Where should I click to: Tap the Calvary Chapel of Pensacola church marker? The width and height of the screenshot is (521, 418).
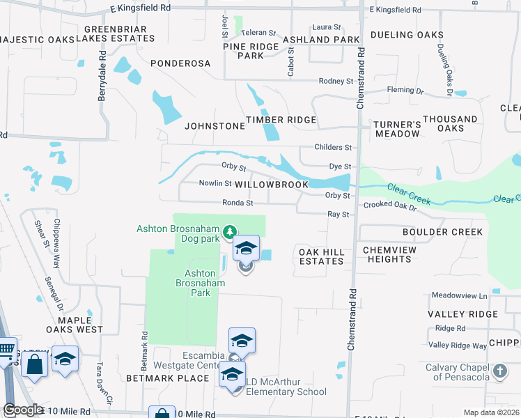tap(500, 371)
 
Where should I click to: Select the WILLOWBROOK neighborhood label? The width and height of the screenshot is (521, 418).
tap(271, 185)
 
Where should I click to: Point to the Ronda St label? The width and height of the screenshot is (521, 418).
tap(238, 203)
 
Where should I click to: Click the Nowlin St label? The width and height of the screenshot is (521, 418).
tap(215, 183)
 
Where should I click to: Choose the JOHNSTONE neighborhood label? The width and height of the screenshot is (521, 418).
tap(215, 126)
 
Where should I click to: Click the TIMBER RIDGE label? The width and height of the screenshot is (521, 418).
tap(281, 120)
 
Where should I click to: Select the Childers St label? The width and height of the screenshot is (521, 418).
tap(333, 148)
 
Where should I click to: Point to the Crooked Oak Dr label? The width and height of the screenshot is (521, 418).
tap(389, 207)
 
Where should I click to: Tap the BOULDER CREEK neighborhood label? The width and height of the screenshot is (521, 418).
tap(442, 232)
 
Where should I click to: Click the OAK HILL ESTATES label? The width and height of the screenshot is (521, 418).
tap(321, 256)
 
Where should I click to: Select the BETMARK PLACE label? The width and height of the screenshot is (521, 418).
tap(167, 378)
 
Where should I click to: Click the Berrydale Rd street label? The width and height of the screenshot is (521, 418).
tap(102, 75)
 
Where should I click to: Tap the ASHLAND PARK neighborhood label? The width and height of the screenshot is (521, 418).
tap(320, 40)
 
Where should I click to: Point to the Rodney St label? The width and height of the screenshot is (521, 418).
tap(336, 82)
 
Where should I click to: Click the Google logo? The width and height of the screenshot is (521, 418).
tap(23, 410)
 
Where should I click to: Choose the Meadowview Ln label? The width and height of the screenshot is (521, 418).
tap(458, 295)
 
